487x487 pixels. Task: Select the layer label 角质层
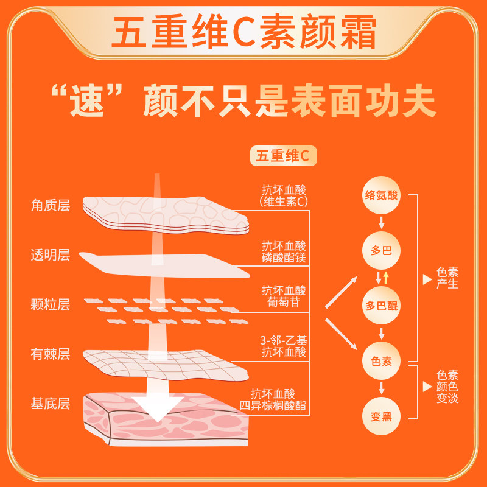[x=51, y=205]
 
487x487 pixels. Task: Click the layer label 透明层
[x=51, y=254]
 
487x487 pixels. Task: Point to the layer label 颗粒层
[x=51, y=304]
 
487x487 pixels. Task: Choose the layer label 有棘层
[x=51, y=353]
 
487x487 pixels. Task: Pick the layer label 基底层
[x=51, y=402]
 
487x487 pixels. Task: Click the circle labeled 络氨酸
[x=381, y=195]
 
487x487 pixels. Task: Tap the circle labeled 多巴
[x=381, y=250]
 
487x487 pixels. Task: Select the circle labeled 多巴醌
[x=381, y=306]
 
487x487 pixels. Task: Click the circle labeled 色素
[x=381, y=360]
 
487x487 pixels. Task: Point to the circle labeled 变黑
[x=381, y=416]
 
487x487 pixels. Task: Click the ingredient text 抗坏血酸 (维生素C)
[x=284, y=195]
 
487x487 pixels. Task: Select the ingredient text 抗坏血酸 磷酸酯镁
[x=284, y=251]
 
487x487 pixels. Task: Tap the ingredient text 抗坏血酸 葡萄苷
[x=284, y=296]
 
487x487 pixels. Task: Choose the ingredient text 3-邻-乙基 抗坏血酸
[x=284, y=346]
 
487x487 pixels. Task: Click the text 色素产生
[x=447, y=279]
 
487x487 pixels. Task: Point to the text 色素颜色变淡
[x=447, y=387]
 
